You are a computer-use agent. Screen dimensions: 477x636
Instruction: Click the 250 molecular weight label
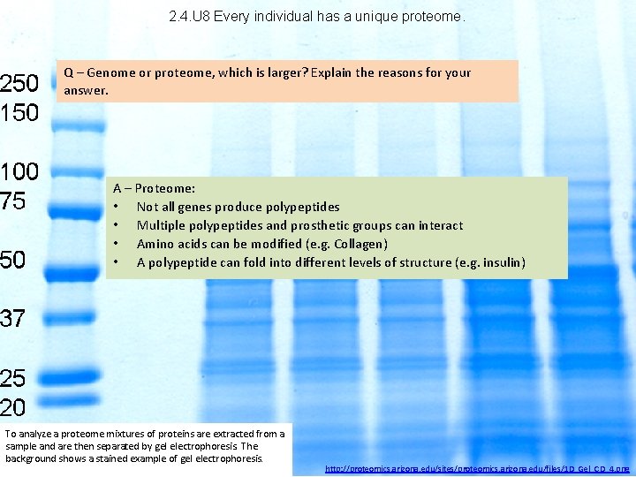click(x=19, y=84)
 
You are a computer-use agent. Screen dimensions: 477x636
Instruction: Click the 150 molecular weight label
click(x=19, y=112)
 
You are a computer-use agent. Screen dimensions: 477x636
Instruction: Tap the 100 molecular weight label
click(x=19, y=171)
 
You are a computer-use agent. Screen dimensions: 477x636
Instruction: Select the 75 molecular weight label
click(x=13, y=201)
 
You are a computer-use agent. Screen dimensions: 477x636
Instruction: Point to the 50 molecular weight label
click(x=13, y=261)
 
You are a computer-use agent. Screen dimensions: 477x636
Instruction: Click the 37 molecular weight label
click(x=13, y=319)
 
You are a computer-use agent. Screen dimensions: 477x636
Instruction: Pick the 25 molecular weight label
click(x=13, y=378)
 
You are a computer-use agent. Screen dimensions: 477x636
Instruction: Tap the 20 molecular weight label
click(x=13, y=407)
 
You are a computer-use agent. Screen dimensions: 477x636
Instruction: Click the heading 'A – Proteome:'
click(x=154, y=188)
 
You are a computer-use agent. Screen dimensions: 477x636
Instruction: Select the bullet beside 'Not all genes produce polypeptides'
click(x=117, y=207)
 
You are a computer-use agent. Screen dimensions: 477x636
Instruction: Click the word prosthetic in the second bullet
click(x=307, y=225)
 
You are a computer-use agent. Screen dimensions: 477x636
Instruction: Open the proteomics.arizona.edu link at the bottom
click(x=477, y=466)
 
